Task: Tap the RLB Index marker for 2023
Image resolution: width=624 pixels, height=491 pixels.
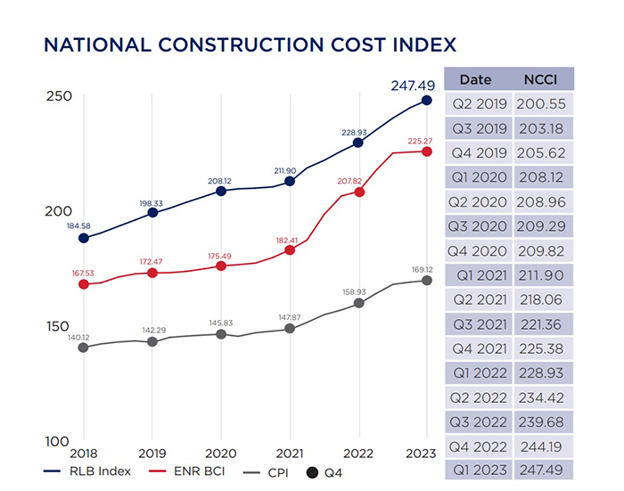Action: [427, 101]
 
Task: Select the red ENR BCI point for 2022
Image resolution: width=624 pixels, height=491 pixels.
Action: [358, 192]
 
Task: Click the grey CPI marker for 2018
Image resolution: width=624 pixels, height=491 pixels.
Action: [84, 347]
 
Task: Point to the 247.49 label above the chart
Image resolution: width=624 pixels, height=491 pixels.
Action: [412, 86]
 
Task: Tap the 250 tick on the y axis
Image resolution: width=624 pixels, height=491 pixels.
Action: [59, 96]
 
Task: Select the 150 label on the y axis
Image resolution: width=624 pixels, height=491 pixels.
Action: [59, 327]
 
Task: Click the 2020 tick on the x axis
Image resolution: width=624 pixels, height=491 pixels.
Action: [221, 454]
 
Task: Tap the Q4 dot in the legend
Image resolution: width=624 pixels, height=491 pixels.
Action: [313, 471]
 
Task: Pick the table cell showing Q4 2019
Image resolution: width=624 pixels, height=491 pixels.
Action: [480, 152]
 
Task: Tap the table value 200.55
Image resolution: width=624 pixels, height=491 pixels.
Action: [543, 103]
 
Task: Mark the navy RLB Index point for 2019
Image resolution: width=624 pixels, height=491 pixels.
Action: [152, 212]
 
